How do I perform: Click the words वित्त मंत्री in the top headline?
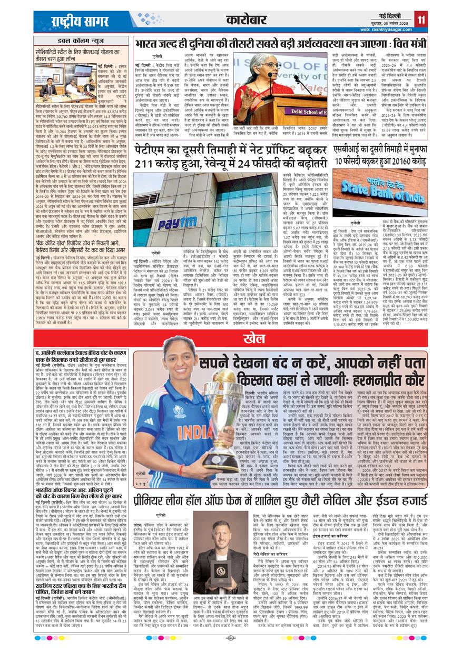(x=402, y=43)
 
